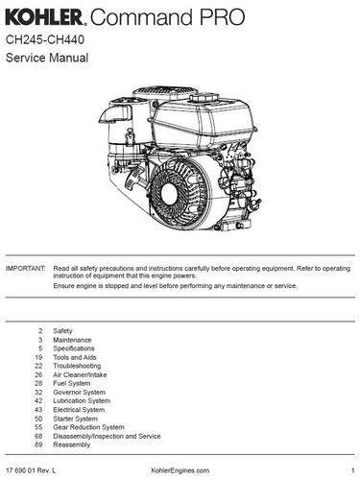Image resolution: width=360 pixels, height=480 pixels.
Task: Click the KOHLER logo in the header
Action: [x=45, y=17]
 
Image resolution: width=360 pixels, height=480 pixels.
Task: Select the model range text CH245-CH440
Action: [x=45, y=40]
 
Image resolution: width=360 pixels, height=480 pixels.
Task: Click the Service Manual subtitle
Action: [x=47, y=58]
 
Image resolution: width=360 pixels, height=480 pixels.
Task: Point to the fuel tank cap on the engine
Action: [x=204, y=97]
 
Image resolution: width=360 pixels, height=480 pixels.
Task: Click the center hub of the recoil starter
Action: [x=169, y=193]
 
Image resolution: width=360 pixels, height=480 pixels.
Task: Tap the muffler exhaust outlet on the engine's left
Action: [x=114, y=114]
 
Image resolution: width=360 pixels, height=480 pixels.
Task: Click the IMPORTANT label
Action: [x=26, y=268]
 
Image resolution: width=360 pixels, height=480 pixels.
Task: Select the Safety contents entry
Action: [x=62, y=331]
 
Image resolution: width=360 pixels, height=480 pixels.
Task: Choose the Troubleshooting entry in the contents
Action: [x=77, y=366]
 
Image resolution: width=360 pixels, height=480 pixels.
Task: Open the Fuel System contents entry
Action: [x=72, y=383]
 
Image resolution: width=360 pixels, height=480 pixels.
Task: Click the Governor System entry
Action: [x=80, y=392]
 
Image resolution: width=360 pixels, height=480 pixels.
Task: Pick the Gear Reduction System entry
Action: [x=88, y=427]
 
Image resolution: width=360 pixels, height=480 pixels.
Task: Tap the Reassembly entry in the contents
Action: [x=72, y=444]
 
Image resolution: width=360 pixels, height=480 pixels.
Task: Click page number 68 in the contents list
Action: [x=38, y=436]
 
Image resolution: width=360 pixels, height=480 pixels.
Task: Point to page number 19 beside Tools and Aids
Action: [x=38, y=357]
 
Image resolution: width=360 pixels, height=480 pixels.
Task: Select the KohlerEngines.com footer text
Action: [x=180, y=470]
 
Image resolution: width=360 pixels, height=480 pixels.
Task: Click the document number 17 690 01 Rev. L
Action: [x=31, y=470]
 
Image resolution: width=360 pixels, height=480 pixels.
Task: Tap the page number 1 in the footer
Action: [x=352, y=470]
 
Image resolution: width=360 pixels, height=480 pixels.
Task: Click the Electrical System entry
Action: [x=79, y=410]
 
